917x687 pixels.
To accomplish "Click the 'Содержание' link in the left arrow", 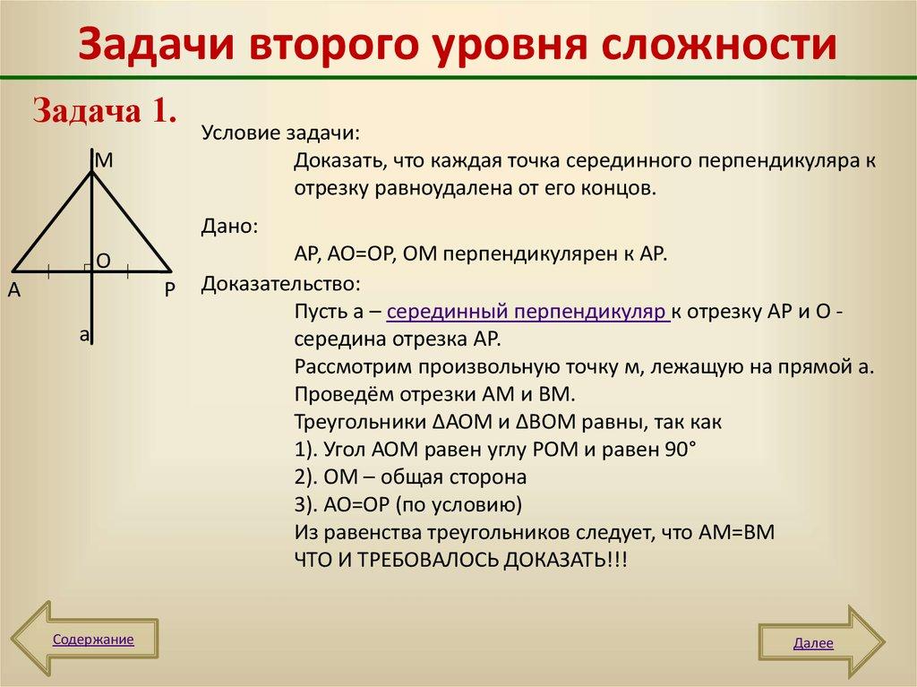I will pos(93,640).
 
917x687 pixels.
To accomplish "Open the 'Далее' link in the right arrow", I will pos(813,643).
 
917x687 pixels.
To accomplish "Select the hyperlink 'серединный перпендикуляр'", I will pos(527,313).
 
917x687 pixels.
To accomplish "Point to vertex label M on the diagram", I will pos(104,160).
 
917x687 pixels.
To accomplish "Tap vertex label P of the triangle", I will pos(169,289).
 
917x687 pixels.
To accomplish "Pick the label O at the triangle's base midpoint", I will pos(103,261).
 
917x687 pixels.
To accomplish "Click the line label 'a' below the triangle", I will pos(84,335).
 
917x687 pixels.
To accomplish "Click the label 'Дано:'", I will pos(230,226).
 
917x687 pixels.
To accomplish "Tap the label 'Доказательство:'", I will pos(281,284).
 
